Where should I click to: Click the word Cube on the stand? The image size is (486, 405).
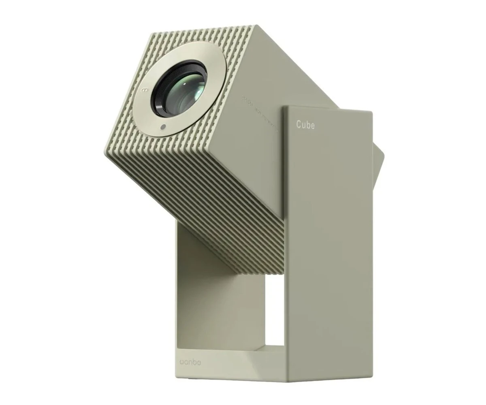pos(305,124)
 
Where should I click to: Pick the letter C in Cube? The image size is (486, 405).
pos(299,124)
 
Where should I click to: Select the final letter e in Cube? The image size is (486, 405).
pos(312,125)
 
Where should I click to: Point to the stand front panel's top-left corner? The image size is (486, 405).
pos(283,107)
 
